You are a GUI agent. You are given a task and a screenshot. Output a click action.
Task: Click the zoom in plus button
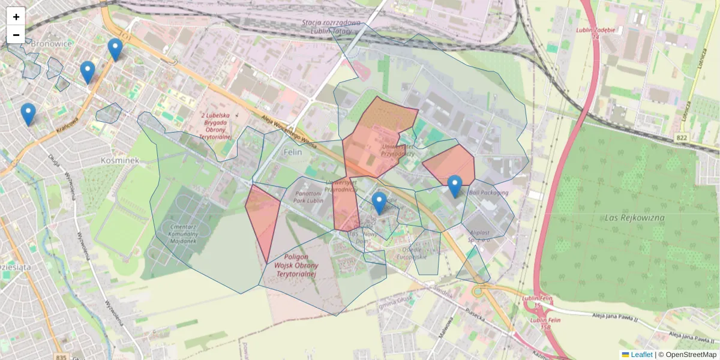(16, 17)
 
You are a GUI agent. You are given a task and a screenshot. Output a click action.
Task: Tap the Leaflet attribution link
(641, 355)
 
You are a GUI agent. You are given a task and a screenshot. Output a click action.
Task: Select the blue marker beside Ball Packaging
(455, 185)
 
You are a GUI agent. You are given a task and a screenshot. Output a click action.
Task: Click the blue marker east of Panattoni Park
(379, 203)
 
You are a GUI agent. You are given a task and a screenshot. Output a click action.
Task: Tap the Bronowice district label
(51, 43)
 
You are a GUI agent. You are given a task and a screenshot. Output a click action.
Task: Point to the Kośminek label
(120, 160)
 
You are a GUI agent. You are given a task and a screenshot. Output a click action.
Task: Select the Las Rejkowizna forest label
(634, 217)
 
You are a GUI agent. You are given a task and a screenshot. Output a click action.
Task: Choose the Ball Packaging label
(488, 193)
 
